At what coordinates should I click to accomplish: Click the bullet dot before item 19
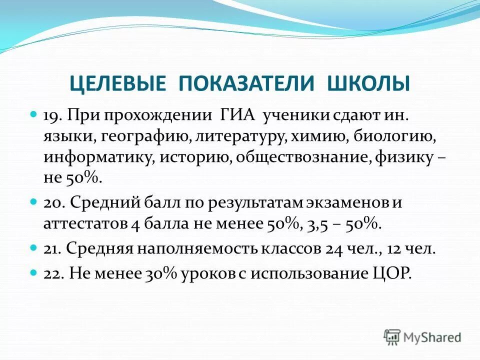[34, 115]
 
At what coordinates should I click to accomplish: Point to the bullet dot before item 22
[34, 273]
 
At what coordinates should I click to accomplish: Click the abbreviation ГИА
[236, 115]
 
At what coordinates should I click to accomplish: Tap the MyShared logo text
[433, 337]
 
